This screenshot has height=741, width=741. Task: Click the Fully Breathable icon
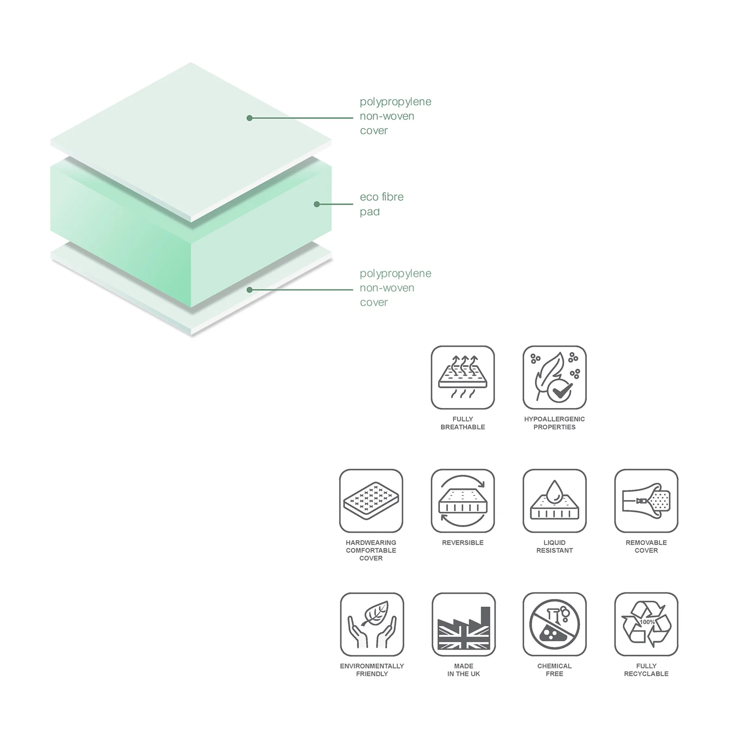(463, 377)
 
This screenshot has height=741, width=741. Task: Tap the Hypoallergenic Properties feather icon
(554, 377)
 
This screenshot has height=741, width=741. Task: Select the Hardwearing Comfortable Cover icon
(371, 501)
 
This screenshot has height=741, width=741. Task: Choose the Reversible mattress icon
(463, 501)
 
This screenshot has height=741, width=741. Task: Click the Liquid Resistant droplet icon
(554, 501)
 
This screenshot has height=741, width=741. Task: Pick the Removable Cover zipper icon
(646, 501)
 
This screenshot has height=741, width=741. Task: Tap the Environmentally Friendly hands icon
(372, 624)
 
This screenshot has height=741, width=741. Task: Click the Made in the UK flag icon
(464, 624)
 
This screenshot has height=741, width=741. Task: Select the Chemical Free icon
(554, 624)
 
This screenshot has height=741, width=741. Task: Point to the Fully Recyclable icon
(646, 624)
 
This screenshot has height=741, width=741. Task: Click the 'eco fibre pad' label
(382, 204)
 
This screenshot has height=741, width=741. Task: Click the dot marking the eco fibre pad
(317, 204)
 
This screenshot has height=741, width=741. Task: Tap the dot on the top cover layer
(250, 118)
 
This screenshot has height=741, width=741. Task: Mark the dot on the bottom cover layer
(250, 290)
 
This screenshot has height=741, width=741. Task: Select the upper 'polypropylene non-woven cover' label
(396, 116)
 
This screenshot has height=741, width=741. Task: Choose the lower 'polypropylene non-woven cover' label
(396, 288)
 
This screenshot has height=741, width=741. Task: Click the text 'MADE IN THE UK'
(464, 670)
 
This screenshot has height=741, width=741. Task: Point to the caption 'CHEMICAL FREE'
(554, 670)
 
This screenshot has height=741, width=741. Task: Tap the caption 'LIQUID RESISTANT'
(554, 546)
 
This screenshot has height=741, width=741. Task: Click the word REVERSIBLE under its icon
(463, 542)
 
